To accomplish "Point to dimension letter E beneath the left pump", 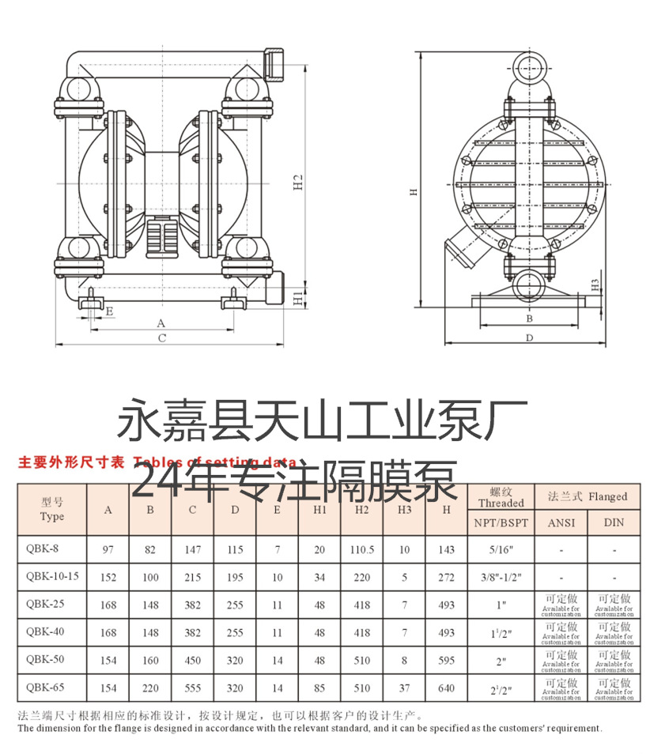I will coord(109,311).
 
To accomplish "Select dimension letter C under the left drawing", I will coord(161,338).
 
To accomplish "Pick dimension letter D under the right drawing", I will coord(529,337).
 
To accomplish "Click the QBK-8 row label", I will coord(41,549).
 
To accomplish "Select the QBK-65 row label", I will coord(44,688).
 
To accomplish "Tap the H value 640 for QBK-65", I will coord(446,688).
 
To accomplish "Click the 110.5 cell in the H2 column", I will coord(361,549).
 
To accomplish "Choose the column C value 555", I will coord(192,688).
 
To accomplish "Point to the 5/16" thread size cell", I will coord(501,549).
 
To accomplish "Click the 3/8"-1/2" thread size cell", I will coord(501,578).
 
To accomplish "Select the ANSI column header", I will coord(561,522).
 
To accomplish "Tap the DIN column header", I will coord(614,522).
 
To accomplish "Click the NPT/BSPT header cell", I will coord(501,522).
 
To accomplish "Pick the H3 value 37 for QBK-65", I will coord(404,688).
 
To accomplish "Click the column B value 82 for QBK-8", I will coord(150,549).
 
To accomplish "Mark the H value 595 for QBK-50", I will coord(446,661).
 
